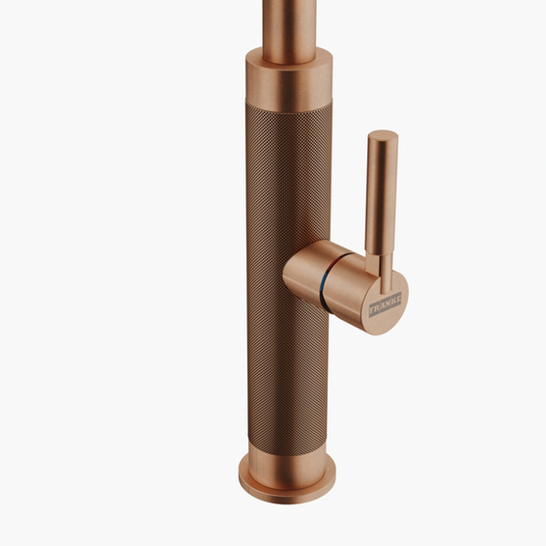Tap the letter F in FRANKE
coord(372,316)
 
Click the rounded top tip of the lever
coord(383,135)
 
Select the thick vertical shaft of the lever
coord(383,193)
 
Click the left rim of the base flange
coord(242,478)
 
